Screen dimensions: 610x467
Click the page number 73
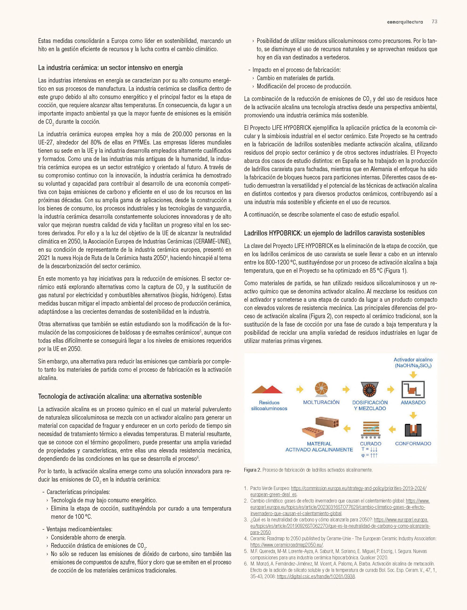pyautogui.click(x=435, y=22)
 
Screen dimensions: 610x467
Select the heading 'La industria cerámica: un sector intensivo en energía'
pyautogui.click(x=110, y=68)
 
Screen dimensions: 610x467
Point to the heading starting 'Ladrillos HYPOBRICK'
pyautogui.click(x=334, y=233)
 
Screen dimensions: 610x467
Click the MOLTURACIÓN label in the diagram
pyautogui.click(x=321, y=402)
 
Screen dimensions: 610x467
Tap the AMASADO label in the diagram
pyautogui.click(x=413, y=402)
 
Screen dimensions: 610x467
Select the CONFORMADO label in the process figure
pyautogui.click(x=413, y=444)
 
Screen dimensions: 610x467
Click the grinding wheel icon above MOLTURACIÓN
pyautogui.click(x=321, y=389)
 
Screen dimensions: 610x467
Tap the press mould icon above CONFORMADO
pyautogui.click(x=413, y=430)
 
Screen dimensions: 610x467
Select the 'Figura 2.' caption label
pyautogui.click(x=252, y=470)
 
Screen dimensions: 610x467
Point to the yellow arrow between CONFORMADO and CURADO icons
pyautogui.click(x=392, y=430)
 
